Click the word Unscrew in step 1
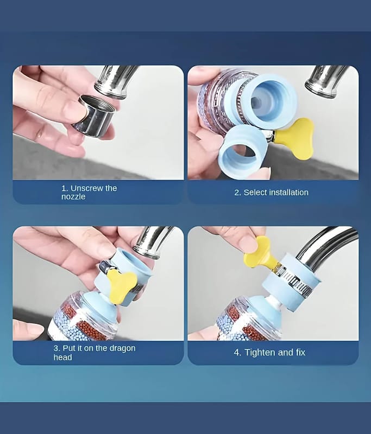[x=87, y=188]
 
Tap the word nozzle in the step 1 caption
[x=73, y=197]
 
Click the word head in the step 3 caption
[x=62, y=357]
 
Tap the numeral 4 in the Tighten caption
[x=237, y=353]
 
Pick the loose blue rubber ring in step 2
[x=242, y=152]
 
